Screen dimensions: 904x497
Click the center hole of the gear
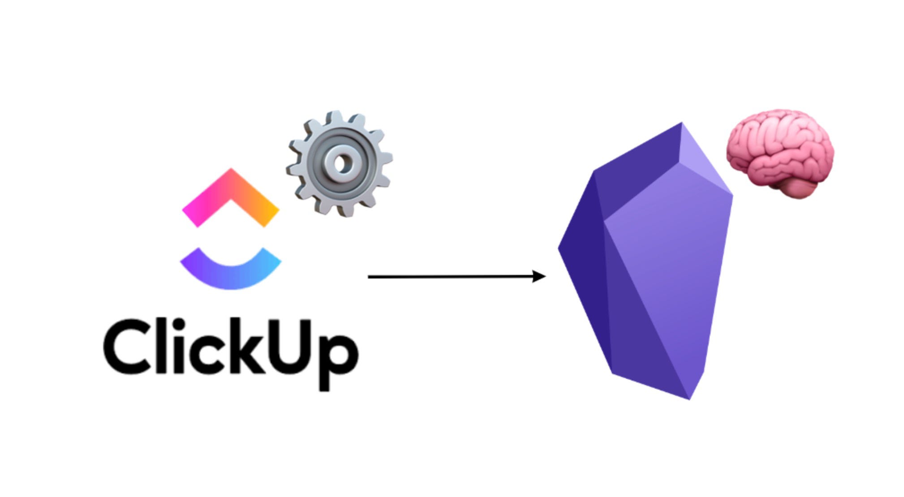click(x=342, y=163)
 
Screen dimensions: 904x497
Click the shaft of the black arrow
click(x=448, y=277)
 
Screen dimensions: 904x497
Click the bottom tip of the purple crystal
click(x=689, y=398)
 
